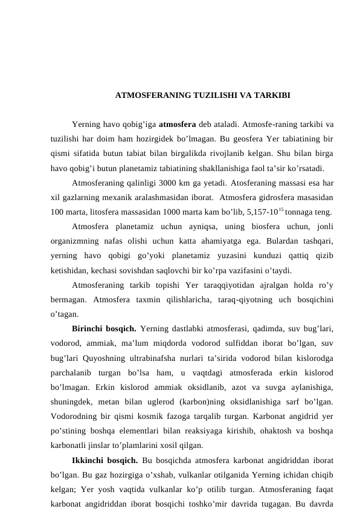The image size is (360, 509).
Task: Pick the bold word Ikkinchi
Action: tap(91, 456)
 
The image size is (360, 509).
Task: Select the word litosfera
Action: tap(104, 211)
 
